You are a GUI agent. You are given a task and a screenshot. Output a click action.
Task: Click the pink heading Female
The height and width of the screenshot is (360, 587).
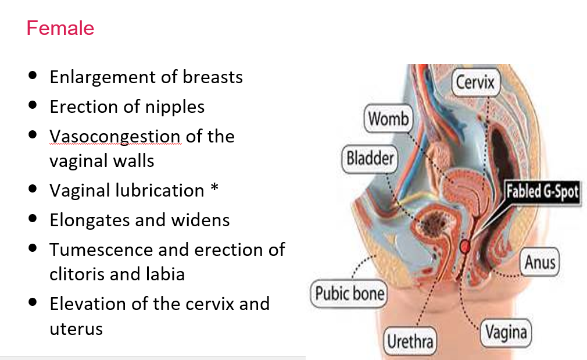coord(60,28)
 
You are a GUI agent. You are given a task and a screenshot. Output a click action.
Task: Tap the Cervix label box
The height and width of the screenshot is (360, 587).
coord(475,83)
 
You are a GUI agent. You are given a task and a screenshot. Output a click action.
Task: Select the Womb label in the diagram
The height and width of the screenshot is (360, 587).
coord(389,119)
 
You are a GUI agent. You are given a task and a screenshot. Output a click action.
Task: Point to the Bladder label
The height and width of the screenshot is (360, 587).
coord(370,158)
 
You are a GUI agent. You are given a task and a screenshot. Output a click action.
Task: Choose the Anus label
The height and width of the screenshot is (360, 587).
coord(540,262)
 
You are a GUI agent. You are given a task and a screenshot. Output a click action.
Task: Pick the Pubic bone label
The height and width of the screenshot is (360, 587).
coord(349,293)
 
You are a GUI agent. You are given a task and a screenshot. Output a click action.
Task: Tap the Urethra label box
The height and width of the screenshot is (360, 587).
coord(410,341)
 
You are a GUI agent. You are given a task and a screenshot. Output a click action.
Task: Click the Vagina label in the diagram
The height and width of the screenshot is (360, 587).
coord(506,333)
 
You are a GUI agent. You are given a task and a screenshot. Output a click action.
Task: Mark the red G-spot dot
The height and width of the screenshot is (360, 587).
coord(466,246)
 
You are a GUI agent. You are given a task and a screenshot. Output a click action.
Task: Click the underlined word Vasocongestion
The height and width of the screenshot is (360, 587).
coord(114,136)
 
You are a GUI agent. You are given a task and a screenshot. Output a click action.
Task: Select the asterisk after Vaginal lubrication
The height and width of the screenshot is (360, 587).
coord(214,190)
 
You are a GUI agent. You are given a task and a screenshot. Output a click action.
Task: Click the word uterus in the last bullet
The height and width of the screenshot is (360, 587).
coord(76,329)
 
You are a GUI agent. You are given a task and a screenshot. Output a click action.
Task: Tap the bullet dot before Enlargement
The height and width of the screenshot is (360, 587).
coord(33,76)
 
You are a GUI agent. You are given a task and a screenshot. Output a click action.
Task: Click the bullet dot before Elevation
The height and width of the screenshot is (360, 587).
coord(33,302)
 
